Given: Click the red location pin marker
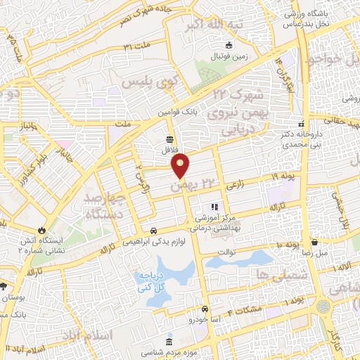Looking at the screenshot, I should click(x=181, y=166).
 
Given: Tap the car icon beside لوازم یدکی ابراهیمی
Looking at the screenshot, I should click(x=154, y=231).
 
